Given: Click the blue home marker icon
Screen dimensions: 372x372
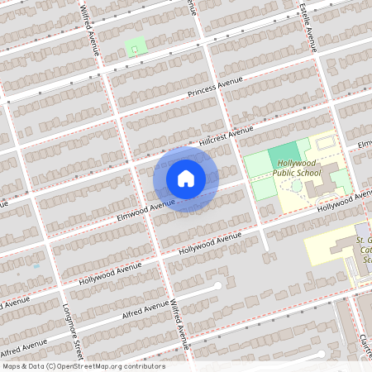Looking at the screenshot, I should (186, 179).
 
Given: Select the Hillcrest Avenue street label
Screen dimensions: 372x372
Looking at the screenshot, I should (226, 137).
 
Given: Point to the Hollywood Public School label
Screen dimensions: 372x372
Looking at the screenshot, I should (298, 168).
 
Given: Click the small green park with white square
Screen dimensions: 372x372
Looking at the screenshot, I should (134, 49).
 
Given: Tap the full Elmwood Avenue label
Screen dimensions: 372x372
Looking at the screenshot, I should (145, 203).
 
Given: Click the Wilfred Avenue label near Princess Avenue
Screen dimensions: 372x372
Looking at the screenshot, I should (91, 29).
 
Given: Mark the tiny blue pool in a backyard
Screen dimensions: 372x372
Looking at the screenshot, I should (36, 266).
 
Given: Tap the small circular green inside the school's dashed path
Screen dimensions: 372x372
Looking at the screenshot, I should (297, 187).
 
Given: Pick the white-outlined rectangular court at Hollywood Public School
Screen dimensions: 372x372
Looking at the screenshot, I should (325, 143).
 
